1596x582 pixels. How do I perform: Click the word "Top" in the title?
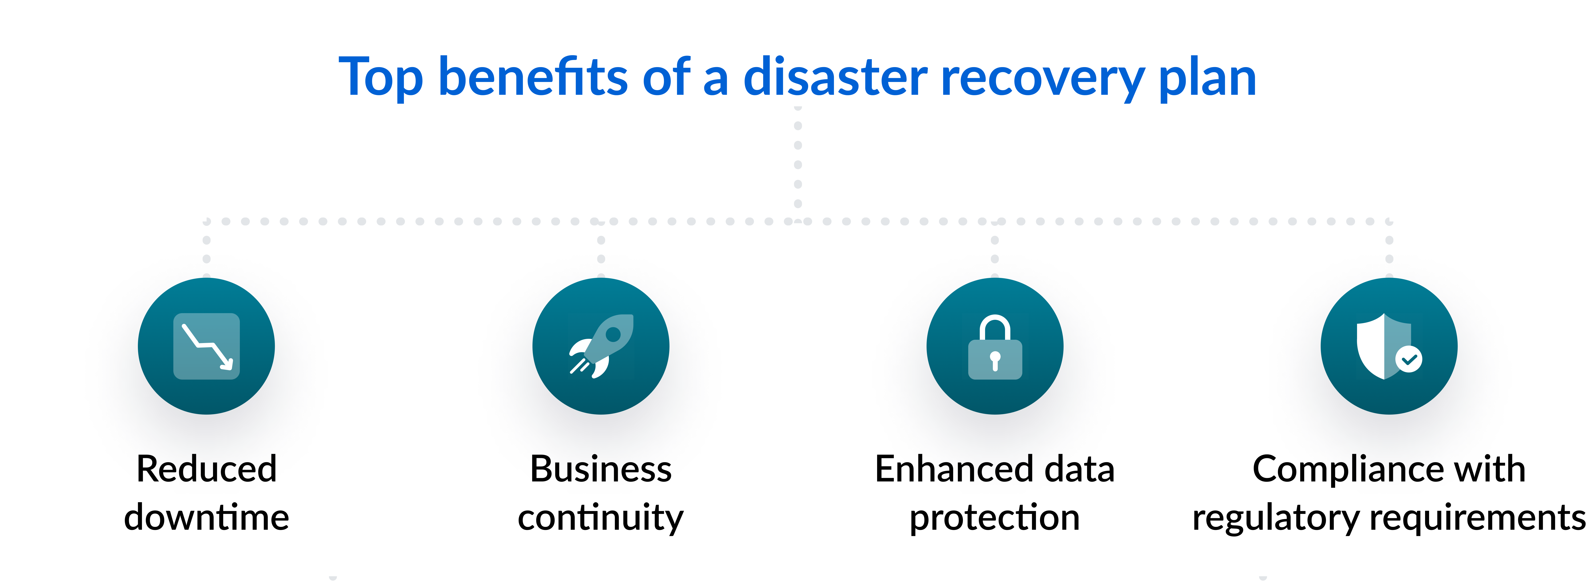[380, 78]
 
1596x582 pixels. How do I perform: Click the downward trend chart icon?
[206, 346]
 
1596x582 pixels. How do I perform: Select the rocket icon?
[601, 346]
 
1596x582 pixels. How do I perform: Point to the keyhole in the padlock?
[995, 359]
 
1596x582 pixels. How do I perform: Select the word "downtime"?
[206, 518]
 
